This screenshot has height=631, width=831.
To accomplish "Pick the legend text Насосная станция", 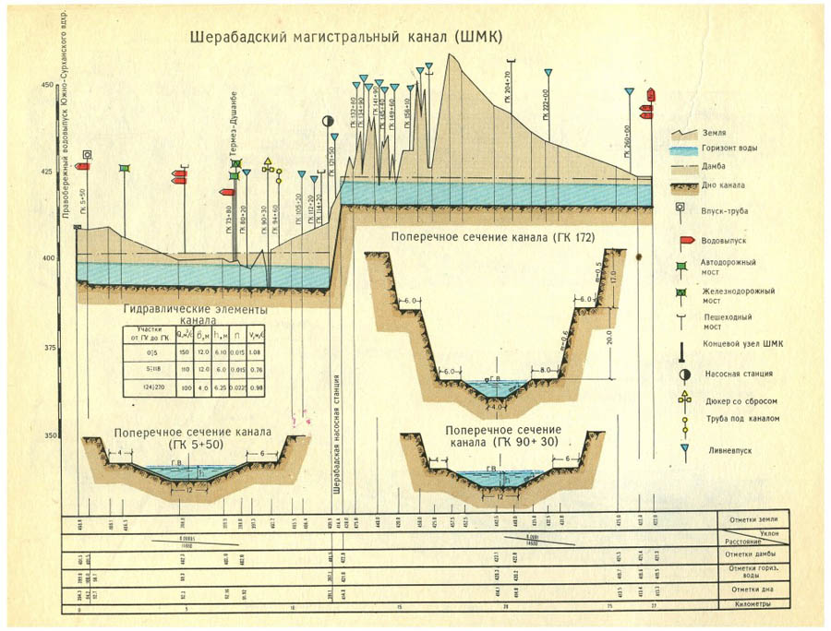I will tap(738, 374).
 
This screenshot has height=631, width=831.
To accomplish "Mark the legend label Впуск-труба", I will tap(725, 211).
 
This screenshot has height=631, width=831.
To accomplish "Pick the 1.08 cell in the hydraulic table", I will tap(258, 352).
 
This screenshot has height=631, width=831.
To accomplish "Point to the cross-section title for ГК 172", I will tap(490, 237).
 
